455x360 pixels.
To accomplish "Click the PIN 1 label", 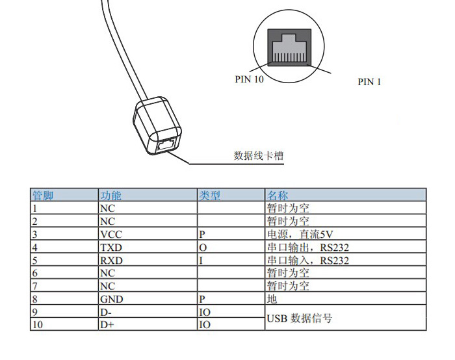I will point(369,82).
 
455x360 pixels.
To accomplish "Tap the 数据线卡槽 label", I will point(259,156).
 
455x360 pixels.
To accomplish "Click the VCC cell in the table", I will point(111,235).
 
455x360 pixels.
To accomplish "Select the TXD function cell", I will point(111,248).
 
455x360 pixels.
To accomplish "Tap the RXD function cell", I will point(111,261).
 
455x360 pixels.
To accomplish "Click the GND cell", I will point(111,300).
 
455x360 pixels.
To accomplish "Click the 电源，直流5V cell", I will point(300,235).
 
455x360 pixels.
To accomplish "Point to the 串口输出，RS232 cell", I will point(308,248).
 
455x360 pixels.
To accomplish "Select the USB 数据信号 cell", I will point(300,318).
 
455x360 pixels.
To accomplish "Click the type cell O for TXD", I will point(203,248).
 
